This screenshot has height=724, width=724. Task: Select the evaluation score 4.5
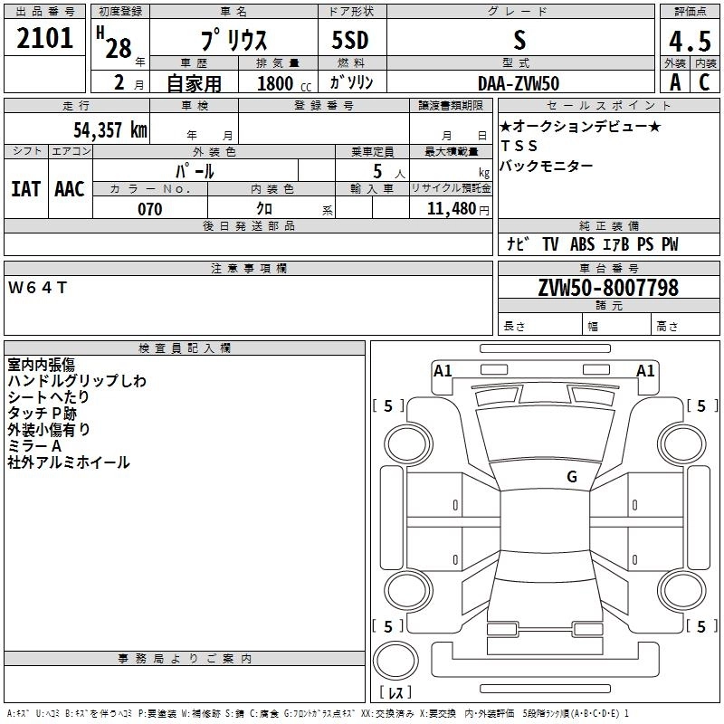pyautogui.click(x=689, y=41)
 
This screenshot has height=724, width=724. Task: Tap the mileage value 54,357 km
pyautogui.click(x=110, y=130)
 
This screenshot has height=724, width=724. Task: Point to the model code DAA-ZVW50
pyautogui.click(x=519, y=83)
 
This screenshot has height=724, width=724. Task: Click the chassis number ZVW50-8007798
pyautogui.click(x=608, y=288)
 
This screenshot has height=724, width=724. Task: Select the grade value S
pyautogui.click(x=519, y=41)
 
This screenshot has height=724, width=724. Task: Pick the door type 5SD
pyautogui.click(x=351, y=41)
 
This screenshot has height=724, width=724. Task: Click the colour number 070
pyautogui.click(x=149, y=209)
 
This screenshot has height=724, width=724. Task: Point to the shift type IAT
pyautogui.click(x=25, y=189)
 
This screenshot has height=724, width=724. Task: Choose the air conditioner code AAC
pyautogui.click(x=69, y=189)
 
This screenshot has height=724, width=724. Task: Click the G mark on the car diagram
pyautogui.click(x=572, y=477)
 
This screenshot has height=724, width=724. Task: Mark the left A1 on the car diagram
pyautogui.click(x=443, y=370)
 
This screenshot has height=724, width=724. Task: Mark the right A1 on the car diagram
pyautogui.click(x=645, y=370)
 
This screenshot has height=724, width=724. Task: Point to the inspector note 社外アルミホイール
pyautogui.click(x=69, y=462)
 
